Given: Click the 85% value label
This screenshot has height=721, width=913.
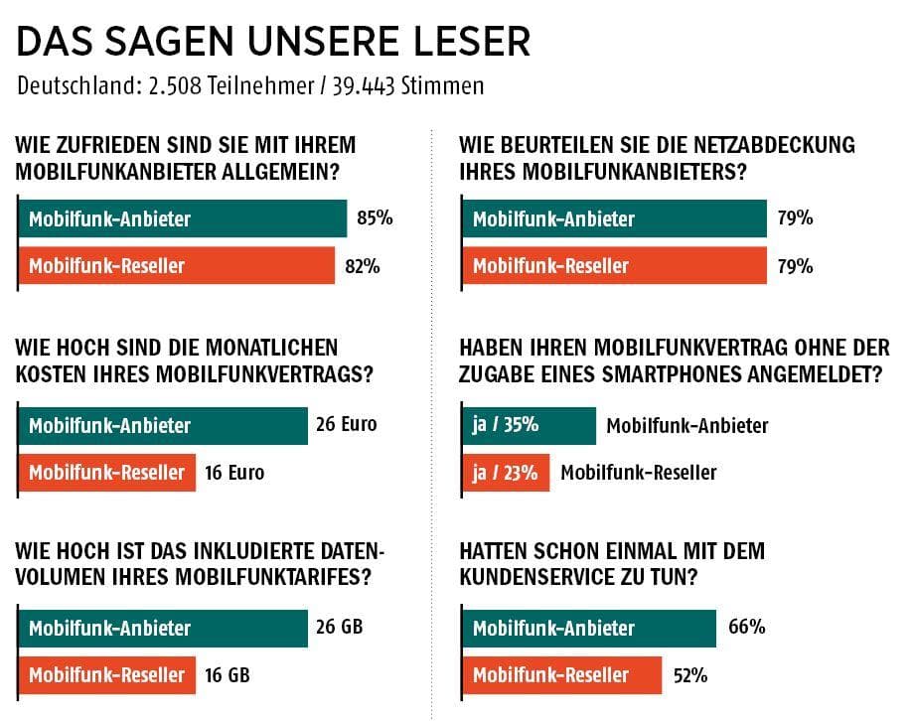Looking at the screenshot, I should (375, 217).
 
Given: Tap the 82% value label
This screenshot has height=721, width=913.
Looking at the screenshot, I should (362, 265).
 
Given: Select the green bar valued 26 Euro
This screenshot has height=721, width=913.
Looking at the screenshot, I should (163, 425).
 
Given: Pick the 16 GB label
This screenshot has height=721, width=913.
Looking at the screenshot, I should (227, 674).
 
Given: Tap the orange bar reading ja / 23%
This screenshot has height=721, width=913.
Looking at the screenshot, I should (506, 473).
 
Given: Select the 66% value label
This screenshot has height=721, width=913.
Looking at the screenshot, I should (747, 627).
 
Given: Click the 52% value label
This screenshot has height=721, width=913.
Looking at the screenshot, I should (689, 674).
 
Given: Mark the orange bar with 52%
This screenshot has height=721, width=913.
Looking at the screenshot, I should (562, 675).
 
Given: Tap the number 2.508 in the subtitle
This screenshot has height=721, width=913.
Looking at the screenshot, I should (172, 86).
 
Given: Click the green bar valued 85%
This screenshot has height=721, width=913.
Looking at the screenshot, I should (182, 218).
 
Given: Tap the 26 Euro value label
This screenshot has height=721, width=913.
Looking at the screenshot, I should (347, 424).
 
